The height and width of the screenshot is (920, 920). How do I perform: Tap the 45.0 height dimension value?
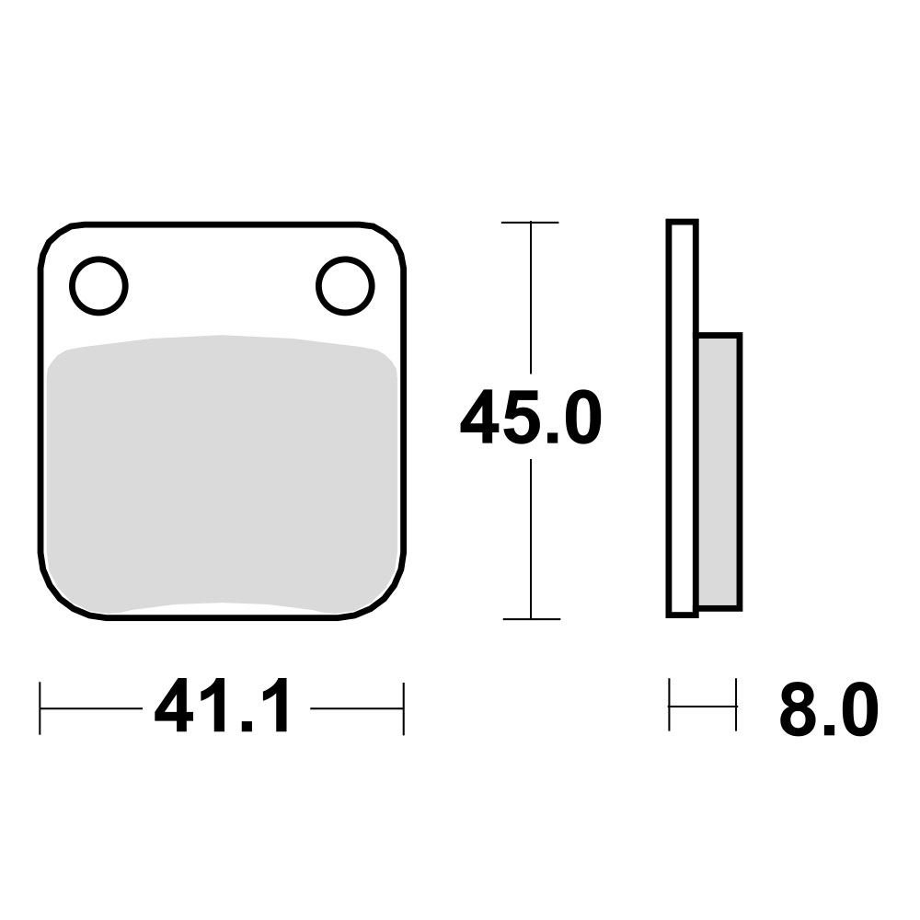coord(531,417)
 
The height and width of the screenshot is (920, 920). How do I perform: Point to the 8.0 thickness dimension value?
coord(829,709)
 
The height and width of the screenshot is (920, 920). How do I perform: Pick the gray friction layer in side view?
coord(719,472)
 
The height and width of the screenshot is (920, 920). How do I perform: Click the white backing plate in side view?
coord(682,419)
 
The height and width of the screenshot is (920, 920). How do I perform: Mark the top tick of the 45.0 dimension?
coord(530,223)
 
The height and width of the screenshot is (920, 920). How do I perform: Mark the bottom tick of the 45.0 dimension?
coord(531,618)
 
